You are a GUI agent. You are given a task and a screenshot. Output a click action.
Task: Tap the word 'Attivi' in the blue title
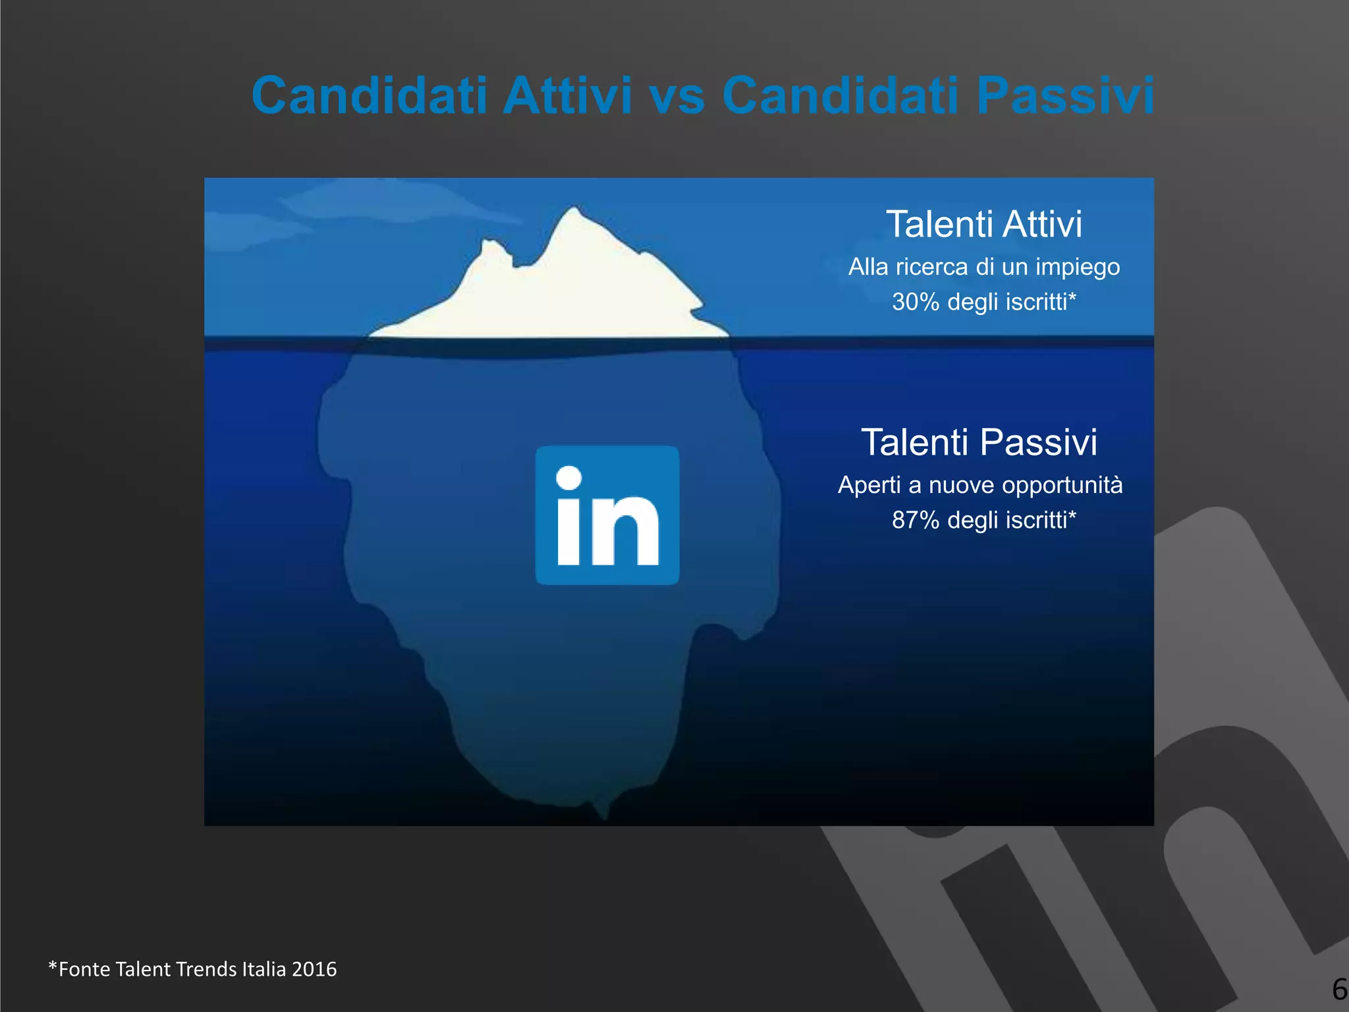tap(567, 95)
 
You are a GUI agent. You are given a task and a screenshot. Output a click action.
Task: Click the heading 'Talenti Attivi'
tap(984, 224)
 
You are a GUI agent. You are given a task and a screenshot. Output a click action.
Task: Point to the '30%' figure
tap(915, 302)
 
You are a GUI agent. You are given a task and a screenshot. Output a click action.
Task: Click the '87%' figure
tap(915, 520)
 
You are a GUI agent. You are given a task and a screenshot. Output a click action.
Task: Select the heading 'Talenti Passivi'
tap(979, 442)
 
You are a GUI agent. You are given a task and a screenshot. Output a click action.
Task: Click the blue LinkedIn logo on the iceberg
tap(607, 515)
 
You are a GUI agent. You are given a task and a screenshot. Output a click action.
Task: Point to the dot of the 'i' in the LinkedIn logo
tap(569, 478)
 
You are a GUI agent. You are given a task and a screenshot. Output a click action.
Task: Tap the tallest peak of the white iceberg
tap(574, 211)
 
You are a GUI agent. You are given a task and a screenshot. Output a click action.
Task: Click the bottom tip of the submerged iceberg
tap(605, 816)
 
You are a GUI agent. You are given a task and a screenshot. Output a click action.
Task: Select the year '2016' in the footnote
tap(314, 969)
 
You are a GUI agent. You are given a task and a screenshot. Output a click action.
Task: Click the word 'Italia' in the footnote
tap(264, 969)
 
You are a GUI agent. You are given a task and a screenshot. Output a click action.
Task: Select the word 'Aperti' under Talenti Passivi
tap(869, 486)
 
